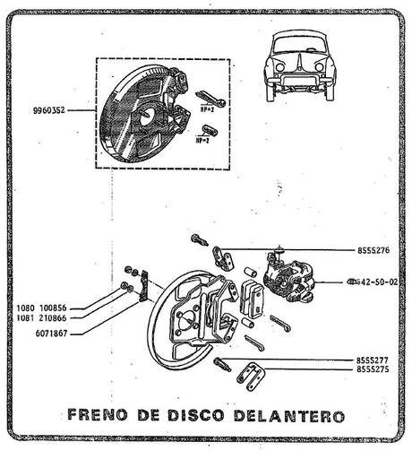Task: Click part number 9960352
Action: tap(50, 111)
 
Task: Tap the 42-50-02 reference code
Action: tap(378, 282)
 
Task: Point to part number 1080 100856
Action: tap(47, 308)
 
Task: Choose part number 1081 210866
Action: tap(47, 318)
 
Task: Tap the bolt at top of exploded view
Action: tap(199, 239)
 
